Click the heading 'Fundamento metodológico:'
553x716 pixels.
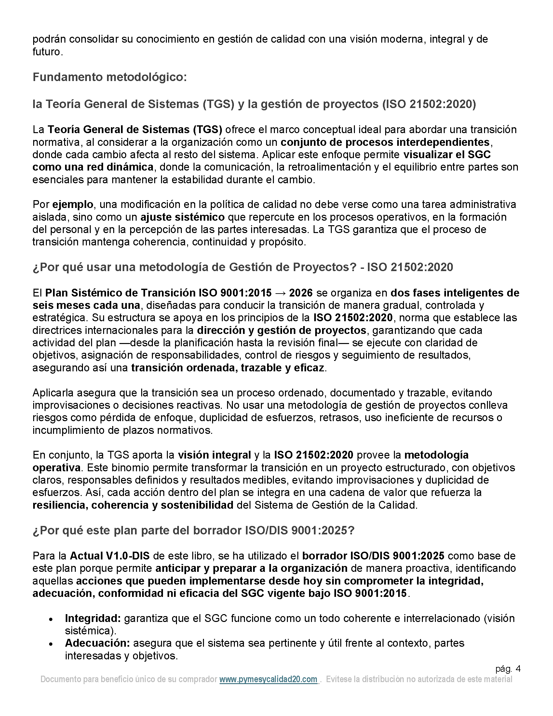tap(109, 77)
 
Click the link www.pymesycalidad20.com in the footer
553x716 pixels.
tap(268, 679)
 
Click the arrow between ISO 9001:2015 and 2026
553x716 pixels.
tap(280, 293)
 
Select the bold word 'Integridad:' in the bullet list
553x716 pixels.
tap(93, 619)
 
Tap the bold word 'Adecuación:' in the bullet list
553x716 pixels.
tap(97, 643)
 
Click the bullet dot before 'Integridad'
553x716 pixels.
tap(51, 620)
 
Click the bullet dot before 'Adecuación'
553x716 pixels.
tap(51, 644)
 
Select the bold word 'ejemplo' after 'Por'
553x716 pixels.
tap(73, 205)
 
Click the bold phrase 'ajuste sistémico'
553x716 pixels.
tap(182, 217)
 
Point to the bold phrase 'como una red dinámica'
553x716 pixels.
tap(93, 167)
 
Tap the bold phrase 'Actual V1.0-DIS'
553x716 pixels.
tap(110, 556)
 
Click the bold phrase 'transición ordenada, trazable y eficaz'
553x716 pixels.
tap(227, 368)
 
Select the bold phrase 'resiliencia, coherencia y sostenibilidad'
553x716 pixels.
tap(133, 505)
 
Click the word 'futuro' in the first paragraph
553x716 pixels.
tap(47, 52)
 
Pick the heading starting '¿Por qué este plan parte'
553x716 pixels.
tap(193, 530)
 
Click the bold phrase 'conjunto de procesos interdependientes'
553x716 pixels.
tap(385, 142)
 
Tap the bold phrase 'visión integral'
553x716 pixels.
tap(214, 455)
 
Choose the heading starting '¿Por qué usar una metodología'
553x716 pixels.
tap(242, 267)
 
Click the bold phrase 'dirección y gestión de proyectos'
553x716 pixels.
tap(281, 330)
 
